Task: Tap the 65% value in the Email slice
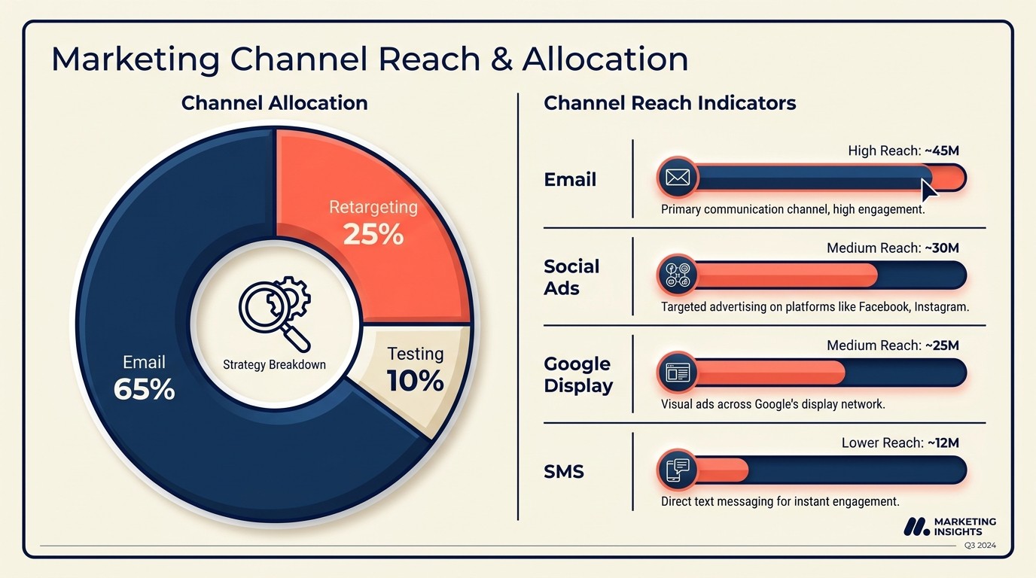coord(144,389)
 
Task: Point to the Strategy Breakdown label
coord(275,365)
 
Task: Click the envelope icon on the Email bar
coord(677,178)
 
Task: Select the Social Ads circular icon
coord(677,275)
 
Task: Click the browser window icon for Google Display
coord(677,373)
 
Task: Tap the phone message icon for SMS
coord(677,470)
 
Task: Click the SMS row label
coord(565,472)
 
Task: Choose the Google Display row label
coord(577,375)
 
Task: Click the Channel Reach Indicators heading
coord(669,103)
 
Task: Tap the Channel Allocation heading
coord(274,103)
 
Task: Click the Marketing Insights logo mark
coord(916,527)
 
